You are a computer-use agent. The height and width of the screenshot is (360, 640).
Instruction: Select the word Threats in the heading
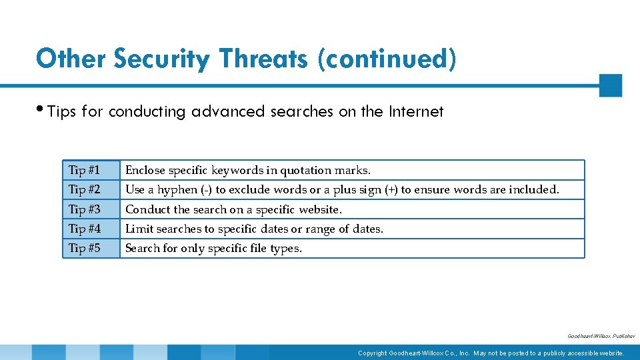click(x=263, y=59)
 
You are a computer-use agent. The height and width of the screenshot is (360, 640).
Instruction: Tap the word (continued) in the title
click(x=387, y=59)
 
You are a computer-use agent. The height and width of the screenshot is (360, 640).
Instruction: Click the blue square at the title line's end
click(x=610, y=85)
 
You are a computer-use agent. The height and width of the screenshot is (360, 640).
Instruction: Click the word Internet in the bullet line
click(x=415, y=111)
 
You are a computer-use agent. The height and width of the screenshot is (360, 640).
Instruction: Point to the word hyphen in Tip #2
click(x=178, y=189)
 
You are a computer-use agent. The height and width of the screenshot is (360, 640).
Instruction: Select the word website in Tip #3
click(x=319, y=209)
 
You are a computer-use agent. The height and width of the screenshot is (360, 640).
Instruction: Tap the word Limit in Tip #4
click(x=139, y=229)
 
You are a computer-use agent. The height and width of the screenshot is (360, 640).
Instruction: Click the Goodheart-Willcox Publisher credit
click(x=601, y=337)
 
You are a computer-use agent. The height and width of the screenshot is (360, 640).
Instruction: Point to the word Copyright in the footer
click(x=372, y=353)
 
